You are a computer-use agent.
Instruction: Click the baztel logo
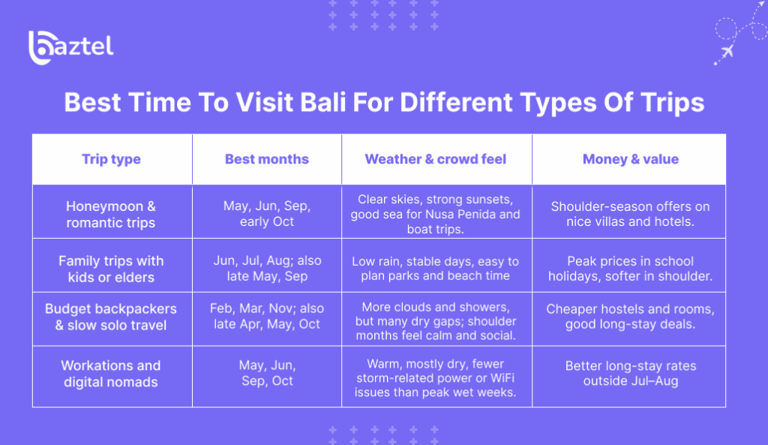coord(71,47)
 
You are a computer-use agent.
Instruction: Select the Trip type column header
coord(111,159)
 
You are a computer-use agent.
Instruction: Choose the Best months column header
coord(266,159)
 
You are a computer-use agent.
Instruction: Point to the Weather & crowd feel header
coord(436,159)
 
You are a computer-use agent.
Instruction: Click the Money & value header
coord(630,159)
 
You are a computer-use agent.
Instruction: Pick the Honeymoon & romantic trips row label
coord(111,214)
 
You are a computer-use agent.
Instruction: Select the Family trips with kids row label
coord(111,269)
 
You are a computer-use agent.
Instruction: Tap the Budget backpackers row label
coord(111,317)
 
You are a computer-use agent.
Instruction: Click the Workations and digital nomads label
coord(111,374)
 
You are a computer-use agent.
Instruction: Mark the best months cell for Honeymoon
coord(267,214)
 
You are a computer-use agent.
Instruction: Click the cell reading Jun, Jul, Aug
coord(267,269)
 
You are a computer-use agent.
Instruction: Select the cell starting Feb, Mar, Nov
coord(267,317)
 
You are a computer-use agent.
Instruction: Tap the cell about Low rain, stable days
coord(436,269)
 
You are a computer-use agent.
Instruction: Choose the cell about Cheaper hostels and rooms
coord(630,317)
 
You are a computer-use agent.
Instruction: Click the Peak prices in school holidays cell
coord(630,269)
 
